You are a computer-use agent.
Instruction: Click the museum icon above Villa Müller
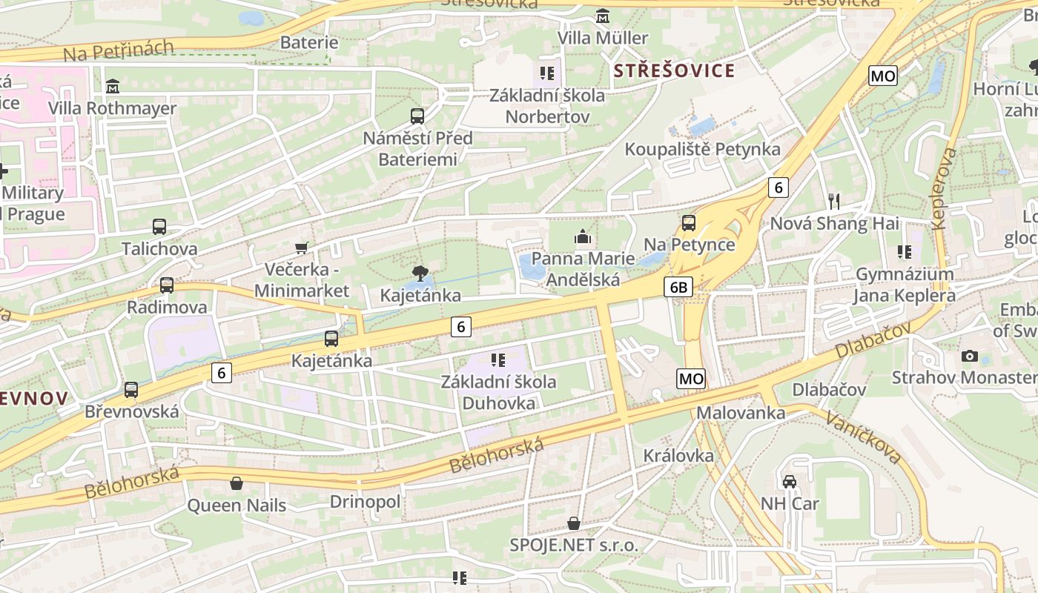click(603, 16)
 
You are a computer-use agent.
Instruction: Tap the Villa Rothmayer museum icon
click(113, 87)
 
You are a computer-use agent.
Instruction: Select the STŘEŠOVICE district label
click(675, 71)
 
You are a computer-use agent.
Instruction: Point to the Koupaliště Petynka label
click(702, 149)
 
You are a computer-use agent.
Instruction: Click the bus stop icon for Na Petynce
click(689, 222)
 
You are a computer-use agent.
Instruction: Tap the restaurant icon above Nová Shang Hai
click(834, 201)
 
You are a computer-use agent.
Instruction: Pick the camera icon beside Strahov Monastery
click(969, 357)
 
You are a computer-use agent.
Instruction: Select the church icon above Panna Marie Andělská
click(583, 237)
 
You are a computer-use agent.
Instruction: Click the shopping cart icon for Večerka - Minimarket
click(301, 248)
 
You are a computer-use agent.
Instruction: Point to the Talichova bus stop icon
click(159, 227)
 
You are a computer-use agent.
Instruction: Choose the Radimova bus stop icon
click(167, 285)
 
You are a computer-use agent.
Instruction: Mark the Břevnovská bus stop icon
click(131, 389)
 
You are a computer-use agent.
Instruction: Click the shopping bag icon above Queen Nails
click(237, 484)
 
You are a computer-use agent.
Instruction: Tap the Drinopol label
click(365, 502)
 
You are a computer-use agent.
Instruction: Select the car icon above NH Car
click(790, 482)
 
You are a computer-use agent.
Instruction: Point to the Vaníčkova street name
click(865, 437)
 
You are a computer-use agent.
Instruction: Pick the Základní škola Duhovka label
click(498, 393)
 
